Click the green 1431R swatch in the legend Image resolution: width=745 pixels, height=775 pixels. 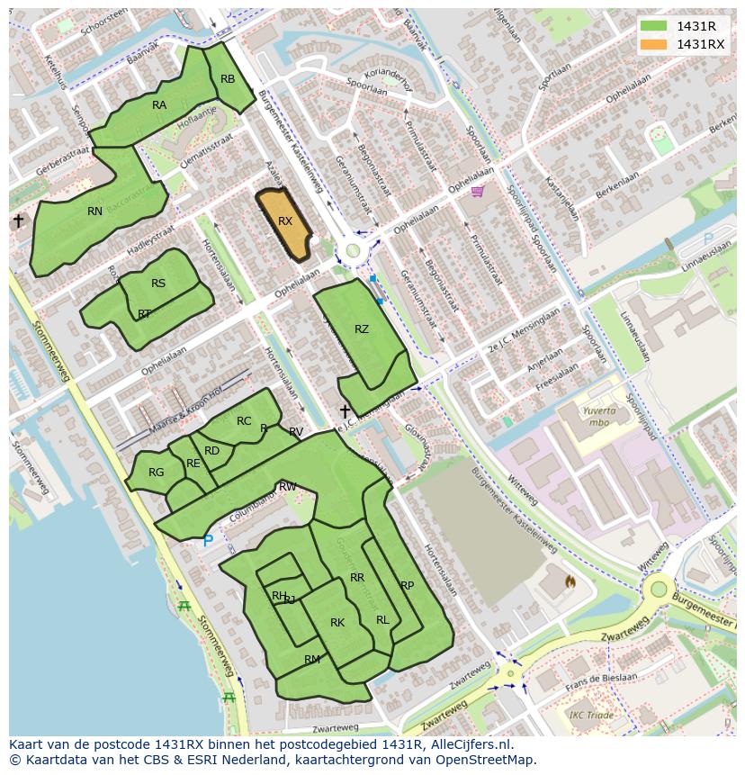pyautogui.click(x=654, y=26)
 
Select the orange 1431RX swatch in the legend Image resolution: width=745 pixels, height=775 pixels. pyautogui.click(x=654, y=44)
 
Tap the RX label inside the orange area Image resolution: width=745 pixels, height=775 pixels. pyautogui.click(x=285, y=221)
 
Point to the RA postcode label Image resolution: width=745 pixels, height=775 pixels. pyautogui.click(x=159, y=105)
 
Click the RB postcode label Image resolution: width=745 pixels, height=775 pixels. pyautogui.click(x=228, y=79)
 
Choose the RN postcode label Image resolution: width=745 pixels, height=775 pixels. pyautogui.click(x=95, y=212)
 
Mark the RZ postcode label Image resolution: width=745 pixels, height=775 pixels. pyautogui.click(x=362, y=329)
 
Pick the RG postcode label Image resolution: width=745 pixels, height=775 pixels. pyautogui.click(x=157, y=473)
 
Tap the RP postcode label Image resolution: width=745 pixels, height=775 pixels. pyautogui.click(x=407, y=586)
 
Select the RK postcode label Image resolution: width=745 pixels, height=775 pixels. pyautogui.click(x=337, y=623)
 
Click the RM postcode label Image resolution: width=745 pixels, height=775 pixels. pyautogui.click(x=312, y=660)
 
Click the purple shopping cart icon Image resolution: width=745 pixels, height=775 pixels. pyautogui.click(x=477, y=191)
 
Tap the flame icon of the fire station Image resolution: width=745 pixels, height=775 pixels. pyautogui.click(x=570, y=582)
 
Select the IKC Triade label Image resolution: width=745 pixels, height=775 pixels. pyautogui.click(x=591, y=716)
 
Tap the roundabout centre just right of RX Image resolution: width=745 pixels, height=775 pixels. pyautogui.click(x=353, y=251)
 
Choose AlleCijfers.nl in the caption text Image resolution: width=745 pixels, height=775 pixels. pyautogui.click(x=469, y=744)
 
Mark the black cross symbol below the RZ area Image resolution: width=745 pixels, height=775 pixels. pyautogui.click(x=344, y=411)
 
